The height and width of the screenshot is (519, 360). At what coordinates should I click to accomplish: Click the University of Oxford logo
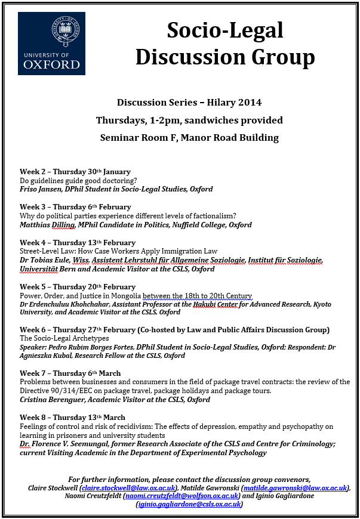[52, 43]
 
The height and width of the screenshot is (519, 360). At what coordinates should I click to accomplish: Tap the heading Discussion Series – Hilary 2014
[189, 103]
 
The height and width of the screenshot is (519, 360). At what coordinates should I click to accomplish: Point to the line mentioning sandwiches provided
[189, 120]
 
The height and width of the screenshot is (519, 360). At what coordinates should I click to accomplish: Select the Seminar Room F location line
[189, 138]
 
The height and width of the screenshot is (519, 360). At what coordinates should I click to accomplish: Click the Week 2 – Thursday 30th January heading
[75, 172]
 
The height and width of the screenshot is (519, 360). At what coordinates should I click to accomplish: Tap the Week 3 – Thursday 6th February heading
[75, 207]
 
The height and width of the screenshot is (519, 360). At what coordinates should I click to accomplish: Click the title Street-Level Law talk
[118, 251]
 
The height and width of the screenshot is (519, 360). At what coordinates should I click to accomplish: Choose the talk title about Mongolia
[136, 296]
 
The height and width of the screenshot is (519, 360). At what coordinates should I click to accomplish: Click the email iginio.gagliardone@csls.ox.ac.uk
[189, 504]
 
